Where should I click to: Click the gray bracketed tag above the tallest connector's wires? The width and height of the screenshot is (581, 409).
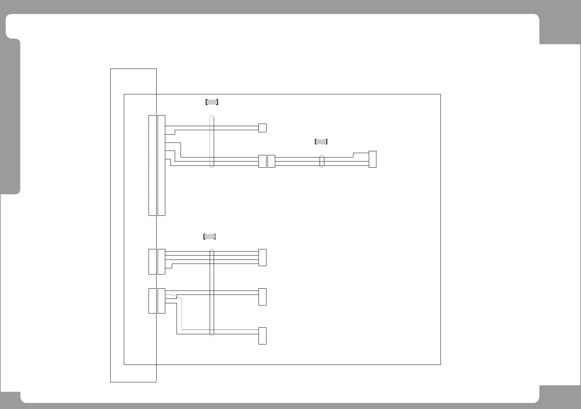(x=212, y=102)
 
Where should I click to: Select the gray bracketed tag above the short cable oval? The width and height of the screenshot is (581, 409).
(x=321, y=142)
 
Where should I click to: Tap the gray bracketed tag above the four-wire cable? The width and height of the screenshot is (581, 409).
(x=209, y=237)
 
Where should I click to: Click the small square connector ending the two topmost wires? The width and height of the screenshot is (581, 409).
(x=262, y=128)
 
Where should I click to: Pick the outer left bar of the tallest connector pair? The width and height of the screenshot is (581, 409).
(x=153, y=165)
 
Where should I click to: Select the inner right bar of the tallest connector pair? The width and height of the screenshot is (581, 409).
(x=161, y=165)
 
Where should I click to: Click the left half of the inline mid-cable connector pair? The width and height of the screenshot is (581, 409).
(x=262, y=161)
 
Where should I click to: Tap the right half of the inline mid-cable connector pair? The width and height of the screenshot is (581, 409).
(x=271, y=161)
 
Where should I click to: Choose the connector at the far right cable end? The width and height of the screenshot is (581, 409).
(x=372, y=159)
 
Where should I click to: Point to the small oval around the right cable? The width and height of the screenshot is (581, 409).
(x=321, y=161)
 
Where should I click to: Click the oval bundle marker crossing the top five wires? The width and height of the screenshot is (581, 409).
(x=212, y=141)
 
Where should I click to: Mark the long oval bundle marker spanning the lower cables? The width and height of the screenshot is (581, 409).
(x=212, y=292)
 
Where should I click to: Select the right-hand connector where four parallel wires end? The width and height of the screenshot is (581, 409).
(x=262, y=257)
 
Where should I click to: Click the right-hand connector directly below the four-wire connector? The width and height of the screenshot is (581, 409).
(x=262, y=297)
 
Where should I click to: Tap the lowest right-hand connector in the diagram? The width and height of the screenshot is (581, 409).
(x=262, y=336)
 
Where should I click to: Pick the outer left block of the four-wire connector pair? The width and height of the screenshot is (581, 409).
(x=153, y=261)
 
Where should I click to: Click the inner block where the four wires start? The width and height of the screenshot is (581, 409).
(x=161, y=261)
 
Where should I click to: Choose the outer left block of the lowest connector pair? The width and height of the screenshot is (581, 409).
(x=153, y=301)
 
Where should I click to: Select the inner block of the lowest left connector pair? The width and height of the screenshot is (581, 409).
(x=161, y=301)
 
